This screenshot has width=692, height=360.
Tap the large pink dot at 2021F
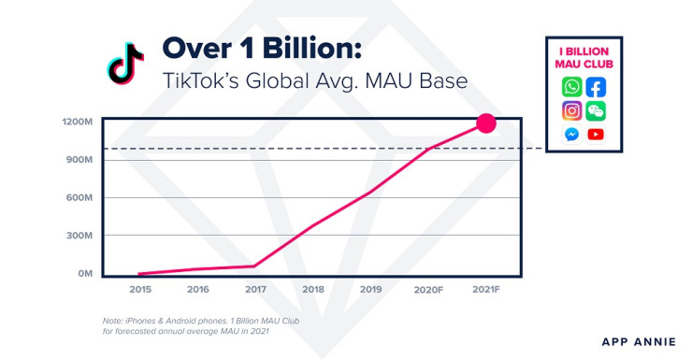(x=486, y=122)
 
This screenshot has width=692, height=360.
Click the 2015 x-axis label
(x=140, y=291)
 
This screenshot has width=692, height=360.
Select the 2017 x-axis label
(x=255, y=291)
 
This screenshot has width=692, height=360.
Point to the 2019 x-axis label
(x=370, y=291)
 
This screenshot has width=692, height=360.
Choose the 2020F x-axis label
(x=428, y=291)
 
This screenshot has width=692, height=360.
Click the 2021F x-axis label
(x=486, y=291)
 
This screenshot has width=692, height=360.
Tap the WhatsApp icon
(x=571, y=87)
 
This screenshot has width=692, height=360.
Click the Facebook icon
(x=596, y=87)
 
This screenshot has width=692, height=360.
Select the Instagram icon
(x=571, y=110)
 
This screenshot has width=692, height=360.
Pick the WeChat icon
(x=596, y=110)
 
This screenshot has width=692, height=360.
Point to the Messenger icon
(x=571, y=134)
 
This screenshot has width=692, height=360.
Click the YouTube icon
(x=596, y=134)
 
